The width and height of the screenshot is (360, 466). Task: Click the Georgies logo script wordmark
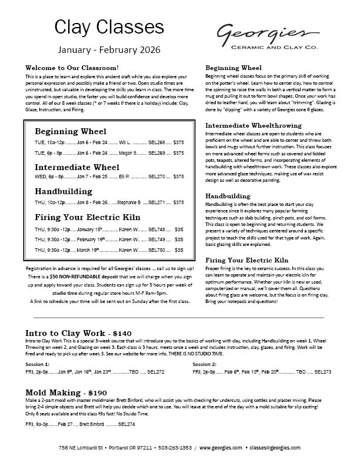point(270,33)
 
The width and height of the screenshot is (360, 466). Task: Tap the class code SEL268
point(157,142)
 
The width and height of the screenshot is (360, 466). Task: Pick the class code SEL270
point(157,177)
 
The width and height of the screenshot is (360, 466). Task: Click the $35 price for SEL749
point(179,240)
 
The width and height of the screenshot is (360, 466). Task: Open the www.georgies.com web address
point(221,448)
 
